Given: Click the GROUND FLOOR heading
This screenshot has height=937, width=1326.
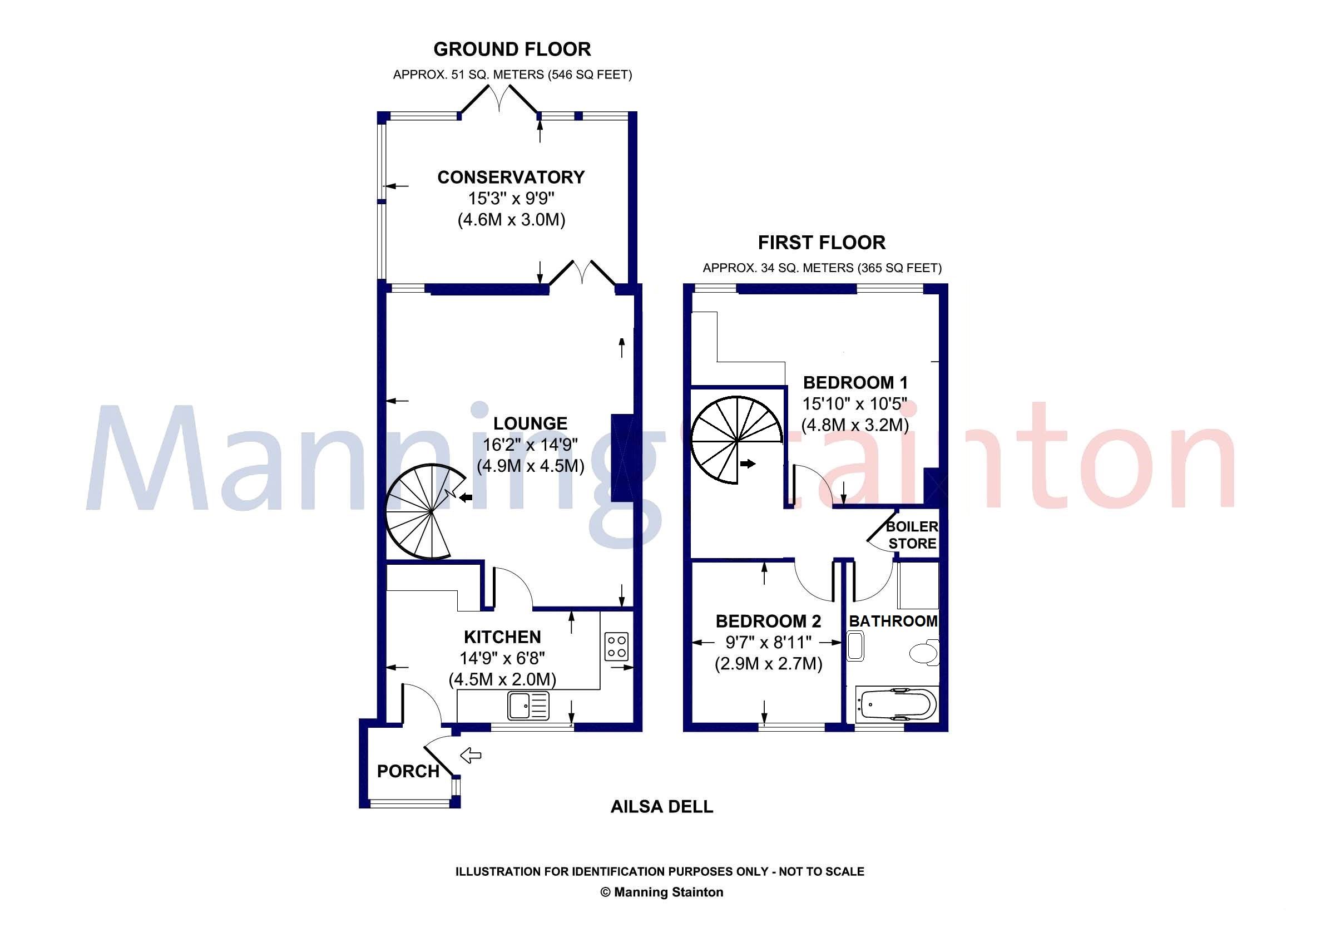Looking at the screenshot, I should tap(512, 50).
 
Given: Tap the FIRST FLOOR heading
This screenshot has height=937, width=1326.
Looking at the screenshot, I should tap(822, 243).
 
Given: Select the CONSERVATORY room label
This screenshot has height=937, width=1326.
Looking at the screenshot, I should tap(511, 177).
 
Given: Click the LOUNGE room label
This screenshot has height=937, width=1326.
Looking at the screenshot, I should tap(530, 423).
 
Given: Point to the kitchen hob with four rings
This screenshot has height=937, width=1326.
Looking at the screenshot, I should tap(616, 647).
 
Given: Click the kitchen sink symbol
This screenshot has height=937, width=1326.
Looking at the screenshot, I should tap(529, 706).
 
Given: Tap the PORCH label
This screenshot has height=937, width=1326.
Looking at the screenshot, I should tap(408, 771).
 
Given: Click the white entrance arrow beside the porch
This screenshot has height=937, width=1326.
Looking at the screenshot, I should tap(471, 754).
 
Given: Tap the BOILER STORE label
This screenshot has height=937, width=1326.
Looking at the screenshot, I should tap(912, 535).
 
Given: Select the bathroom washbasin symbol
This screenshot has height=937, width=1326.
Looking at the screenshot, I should tap(855, 647).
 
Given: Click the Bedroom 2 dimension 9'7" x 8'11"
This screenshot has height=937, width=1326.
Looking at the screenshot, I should tap(768, 643).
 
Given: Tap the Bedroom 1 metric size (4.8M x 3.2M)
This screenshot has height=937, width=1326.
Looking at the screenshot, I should tap(855, 425).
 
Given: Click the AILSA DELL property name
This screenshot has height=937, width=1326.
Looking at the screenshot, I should tap(662, 806).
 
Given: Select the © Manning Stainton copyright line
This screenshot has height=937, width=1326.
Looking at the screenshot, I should tap(662, 892).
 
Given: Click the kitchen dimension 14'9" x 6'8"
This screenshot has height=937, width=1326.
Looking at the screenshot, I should tap(502, 658).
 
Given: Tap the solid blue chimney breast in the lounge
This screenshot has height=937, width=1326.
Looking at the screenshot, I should tap(622, 457).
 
